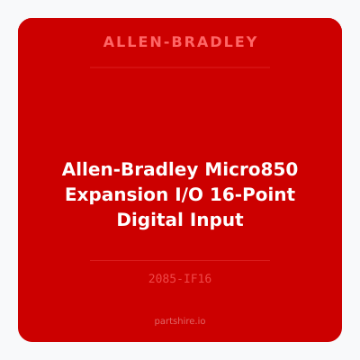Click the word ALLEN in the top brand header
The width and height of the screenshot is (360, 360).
pos(125,42)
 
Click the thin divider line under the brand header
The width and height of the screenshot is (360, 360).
pos(180,67)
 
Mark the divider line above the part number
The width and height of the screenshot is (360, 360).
pos(180,260)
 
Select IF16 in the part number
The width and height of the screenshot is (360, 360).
pos(198,279)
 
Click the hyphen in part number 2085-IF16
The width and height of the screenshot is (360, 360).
pos(180,279)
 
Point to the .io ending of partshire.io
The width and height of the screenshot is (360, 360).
pos(201,320)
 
